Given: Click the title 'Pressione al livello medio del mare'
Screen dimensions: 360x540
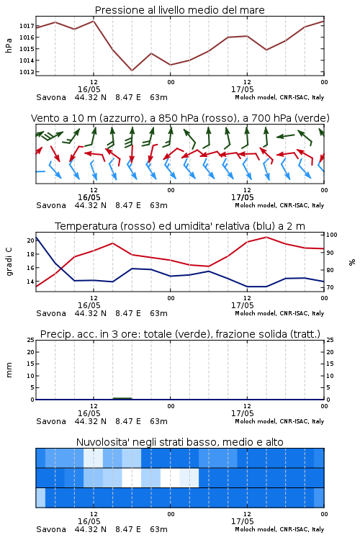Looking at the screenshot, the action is click(x=179, y=10).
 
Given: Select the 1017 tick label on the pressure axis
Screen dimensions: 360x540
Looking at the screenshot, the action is click(x=27, y=26).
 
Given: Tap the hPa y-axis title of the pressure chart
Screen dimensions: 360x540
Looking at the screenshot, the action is click(x=9, y=45).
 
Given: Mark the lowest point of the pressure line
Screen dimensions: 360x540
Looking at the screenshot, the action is click(x=132, y=71).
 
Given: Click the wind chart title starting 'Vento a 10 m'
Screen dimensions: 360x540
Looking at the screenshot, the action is click(x=180, y=118).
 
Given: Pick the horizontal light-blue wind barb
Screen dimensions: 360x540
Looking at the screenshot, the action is click(x=40, y=171).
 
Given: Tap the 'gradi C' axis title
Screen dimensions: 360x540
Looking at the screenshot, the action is click(x=9, y=262).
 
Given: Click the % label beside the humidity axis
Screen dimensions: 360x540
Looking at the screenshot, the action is click(x=352, y=262).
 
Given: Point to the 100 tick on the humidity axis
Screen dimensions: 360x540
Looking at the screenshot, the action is click(x=331, y=235).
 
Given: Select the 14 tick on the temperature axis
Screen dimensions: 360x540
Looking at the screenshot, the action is click(x=30, y=282).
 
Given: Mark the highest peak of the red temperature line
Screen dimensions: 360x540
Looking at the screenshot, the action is click(x=266, y=237).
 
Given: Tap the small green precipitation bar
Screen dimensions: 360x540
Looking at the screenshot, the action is click(x=122, y=398).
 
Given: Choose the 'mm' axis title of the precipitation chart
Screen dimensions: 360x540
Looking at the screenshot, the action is click(x=9, y=369).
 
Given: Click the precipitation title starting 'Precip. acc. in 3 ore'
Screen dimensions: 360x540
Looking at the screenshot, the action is click(x=180, y=334).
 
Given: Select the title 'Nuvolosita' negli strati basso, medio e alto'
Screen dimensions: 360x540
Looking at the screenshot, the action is click(x=179, y=442).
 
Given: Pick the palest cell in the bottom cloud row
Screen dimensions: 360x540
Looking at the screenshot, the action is click(x=40, y=498).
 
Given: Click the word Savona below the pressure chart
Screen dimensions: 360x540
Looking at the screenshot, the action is click(x=51, y=97).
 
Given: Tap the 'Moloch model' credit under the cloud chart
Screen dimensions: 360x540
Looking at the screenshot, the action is click(x=256, y=529).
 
